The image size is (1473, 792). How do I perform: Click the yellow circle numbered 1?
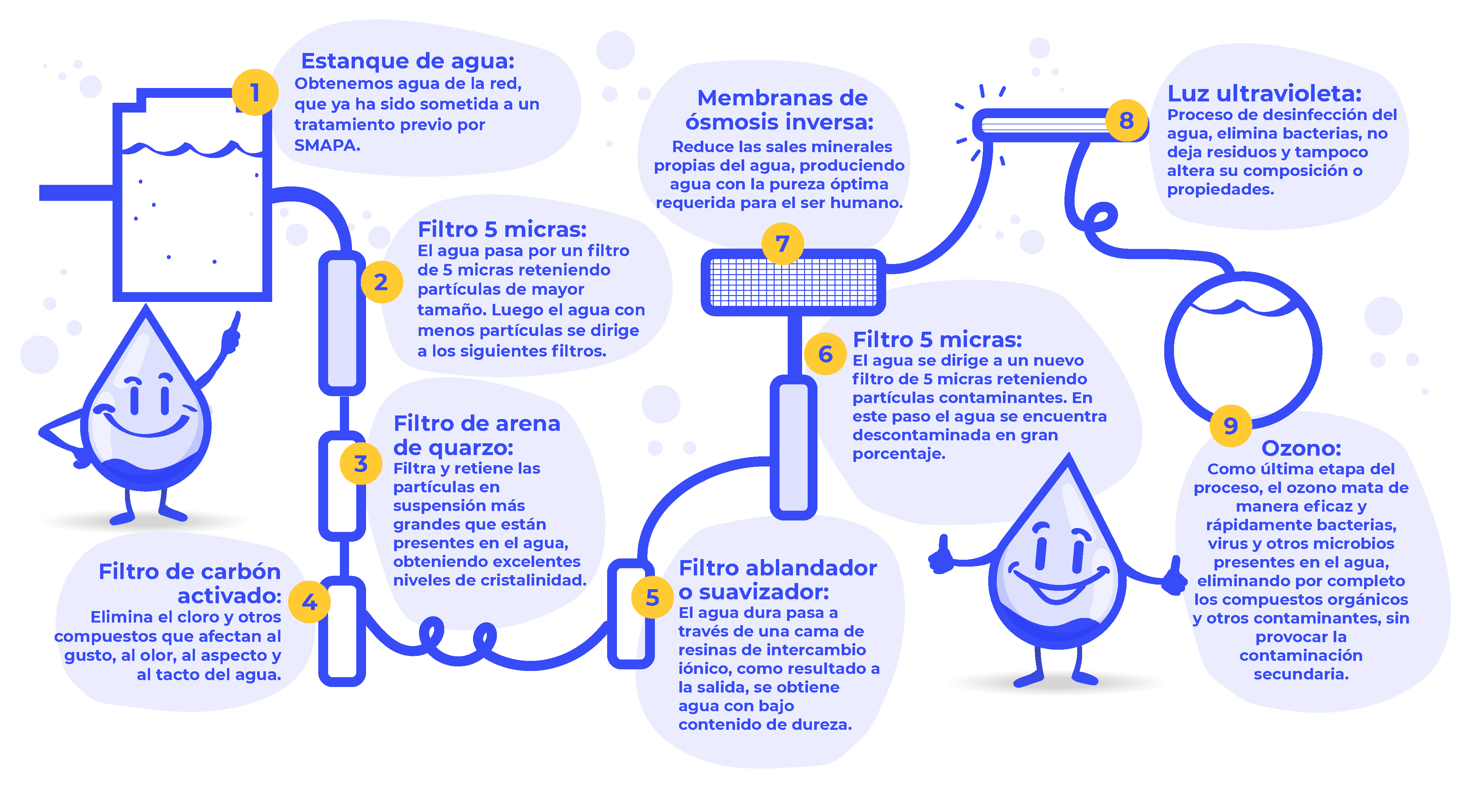click(255, 93)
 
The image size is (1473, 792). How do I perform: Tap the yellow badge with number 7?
click(782, 244)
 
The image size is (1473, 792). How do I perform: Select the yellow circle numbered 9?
click(1231, 426)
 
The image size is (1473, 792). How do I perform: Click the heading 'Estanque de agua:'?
click(408, 61)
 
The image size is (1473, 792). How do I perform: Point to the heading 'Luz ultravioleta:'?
click(1264, 93)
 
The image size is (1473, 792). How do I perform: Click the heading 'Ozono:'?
click(1301, 448)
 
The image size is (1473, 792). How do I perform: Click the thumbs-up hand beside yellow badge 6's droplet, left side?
click(941, 555)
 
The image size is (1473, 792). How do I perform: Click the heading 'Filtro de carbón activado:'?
click(190, 583)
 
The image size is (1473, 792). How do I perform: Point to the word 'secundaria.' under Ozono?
click(1301, 674)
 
